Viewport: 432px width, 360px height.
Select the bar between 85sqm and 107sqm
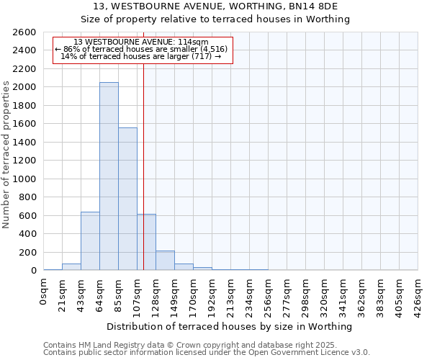127,199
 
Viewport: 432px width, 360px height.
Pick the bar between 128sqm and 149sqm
165,261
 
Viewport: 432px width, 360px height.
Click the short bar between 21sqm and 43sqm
71,266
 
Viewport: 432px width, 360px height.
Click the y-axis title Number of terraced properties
6,155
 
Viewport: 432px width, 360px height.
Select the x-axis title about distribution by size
230,326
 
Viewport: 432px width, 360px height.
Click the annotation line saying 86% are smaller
141,49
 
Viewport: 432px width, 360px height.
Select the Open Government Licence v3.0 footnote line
207,353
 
